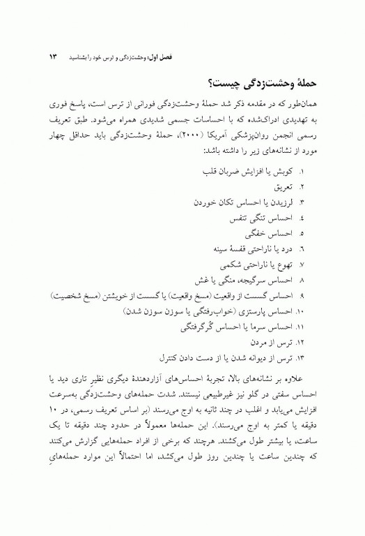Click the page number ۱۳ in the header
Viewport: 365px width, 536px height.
pyautogui.click(x=52, y=54)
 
